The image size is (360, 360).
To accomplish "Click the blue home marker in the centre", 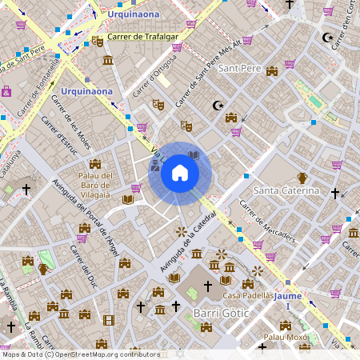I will [x=180, y=173].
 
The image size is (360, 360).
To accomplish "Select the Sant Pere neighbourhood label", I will [x=241, y=68].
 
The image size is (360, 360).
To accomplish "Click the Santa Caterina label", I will [x=286, y=191].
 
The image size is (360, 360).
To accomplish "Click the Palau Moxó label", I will [x=286, y=338].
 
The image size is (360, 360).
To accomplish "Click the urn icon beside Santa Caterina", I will [x=303, y=178].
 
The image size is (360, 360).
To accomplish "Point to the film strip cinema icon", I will [x=108, y=320].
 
